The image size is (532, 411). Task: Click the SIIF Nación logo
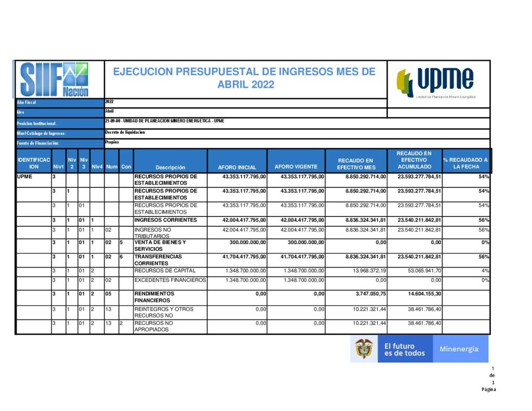[54, 79]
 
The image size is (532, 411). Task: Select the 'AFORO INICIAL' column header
[237, 167]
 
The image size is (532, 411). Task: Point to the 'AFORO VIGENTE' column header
[296, 167]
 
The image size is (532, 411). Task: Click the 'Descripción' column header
[170, 167]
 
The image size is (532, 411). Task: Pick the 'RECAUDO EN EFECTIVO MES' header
[356, 164]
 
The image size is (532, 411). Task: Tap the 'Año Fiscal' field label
[25, 103]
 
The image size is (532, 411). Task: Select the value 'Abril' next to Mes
[110, 111]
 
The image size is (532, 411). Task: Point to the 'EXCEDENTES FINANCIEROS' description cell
[170, 280]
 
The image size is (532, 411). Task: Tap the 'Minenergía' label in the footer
[459, 349]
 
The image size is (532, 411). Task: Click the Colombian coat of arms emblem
[364, 349]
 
